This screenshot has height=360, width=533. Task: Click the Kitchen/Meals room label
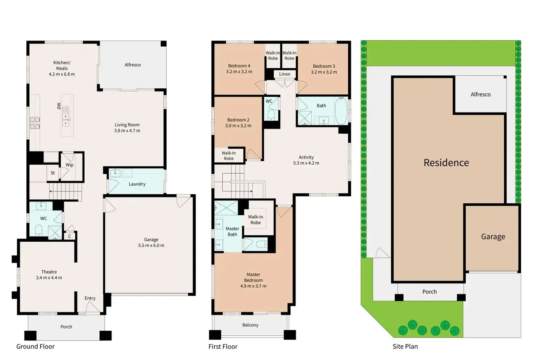pyautogui.click(x=62, y=65)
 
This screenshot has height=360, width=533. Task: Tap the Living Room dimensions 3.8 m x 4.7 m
pyautogui.click(x=127, y=131)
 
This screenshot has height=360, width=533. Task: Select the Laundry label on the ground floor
pyautogui.click(x=137, y=184)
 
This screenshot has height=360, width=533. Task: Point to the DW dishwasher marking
pyautogui.click(x=59, y=106)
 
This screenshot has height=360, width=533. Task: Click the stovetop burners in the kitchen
pyautogui.click(x=35, y=123)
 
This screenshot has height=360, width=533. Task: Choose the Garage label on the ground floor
pyautogui.click(x=151, y=240)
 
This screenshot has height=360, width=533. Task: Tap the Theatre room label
pyautogui.click(x=49, y=272)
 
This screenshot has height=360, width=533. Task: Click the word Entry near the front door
pyautogui.click(x=90, y=298)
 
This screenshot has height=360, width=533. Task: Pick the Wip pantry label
pyautogui.click(x=70, y=165)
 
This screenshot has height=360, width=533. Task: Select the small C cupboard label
pyautogui.click(x=70, y=236)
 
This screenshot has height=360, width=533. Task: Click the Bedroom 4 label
pyautogui.click(x=239, y=66)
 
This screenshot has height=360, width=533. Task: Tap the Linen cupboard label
pyautogui.click(x=285, y=74)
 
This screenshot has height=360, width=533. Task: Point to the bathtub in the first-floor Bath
pyautogui.click(x=341, y=111)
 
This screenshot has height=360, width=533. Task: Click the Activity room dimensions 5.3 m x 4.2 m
pyautogui.click(x=306, y=163)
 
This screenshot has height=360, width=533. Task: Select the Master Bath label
pyautogui.click(x=232, y=232)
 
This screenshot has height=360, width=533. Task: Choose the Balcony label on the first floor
pyautogui.click(x=250, y=325)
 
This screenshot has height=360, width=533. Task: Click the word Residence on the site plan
pyautogui.click(x=446, y=163)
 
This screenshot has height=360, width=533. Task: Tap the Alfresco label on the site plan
pyautogui.click(x=480, y=94)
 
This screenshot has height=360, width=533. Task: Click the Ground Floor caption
pyautogui.click(x=35, y=347)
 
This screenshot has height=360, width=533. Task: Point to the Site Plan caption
pyautogui.click(x=405, y=347)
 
